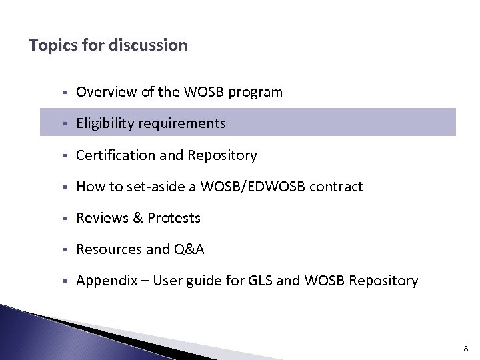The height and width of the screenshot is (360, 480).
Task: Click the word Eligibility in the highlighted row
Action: pyautogui.click(x=104, y=124)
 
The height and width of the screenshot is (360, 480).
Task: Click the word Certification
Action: pyautogui.click(x=109, y=155)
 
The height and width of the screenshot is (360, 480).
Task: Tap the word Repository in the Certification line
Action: pyautogui.click(x=223, y=156)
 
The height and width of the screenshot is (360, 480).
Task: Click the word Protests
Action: pyautogui.click(x=174, y=219)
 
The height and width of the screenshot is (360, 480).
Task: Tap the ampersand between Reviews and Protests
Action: pyautogui.click(x=136, y=219)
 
